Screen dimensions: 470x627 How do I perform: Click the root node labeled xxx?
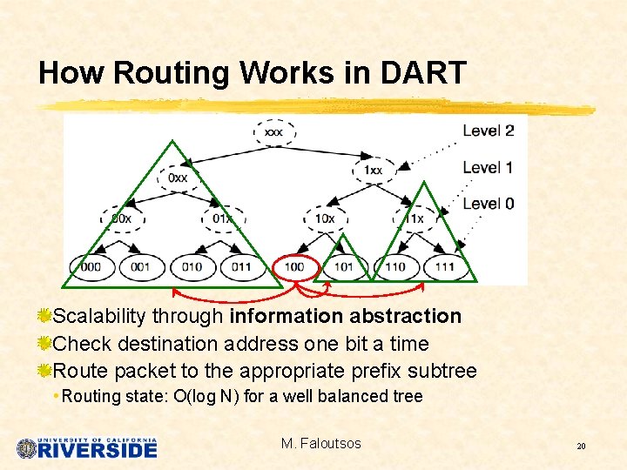[x=274, y=132]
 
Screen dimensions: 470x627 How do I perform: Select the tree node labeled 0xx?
[x=178, y=178]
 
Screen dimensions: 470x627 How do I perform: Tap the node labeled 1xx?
[x=373, y=170]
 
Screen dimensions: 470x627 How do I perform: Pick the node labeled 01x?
[x=224, y=218]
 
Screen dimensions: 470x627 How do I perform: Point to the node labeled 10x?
[x=324, y=218]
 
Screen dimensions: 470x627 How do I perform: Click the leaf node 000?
[x=91, y=266]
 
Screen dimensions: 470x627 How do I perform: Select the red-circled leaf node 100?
[x=295, y=266]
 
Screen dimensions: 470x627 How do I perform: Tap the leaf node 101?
[x=344, y=266]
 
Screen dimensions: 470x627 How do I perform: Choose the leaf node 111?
[x=445, y=266]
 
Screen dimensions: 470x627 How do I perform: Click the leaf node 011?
[x=242, y=266]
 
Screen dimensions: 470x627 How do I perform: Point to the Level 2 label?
[x=488, y=131]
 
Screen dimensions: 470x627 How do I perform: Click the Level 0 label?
[x=488, y=204]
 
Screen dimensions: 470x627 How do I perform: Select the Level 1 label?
[x=488, y=167]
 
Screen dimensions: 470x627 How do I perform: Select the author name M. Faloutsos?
[x=320, y=444]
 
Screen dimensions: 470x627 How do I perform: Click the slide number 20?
[x=580, y=446]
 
